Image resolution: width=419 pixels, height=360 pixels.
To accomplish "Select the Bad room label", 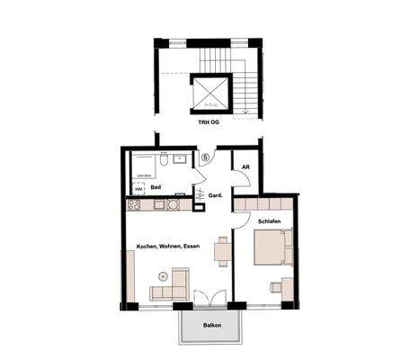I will (156, 187).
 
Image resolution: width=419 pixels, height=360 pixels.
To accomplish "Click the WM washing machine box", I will (139, 188).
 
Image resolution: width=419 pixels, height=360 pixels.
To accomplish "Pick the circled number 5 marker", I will (205, 157).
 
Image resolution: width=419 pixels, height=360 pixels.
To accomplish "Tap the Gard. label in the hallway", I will (216, 195).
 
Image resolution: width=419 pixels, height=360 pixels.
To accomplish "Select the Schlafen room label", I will (271, 220).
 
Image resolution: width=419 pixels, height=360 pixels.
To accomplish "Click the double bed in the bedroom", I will (273, 248).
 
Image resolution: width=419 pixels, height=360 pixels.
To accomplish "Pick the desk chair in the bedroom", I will (275, 288).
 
